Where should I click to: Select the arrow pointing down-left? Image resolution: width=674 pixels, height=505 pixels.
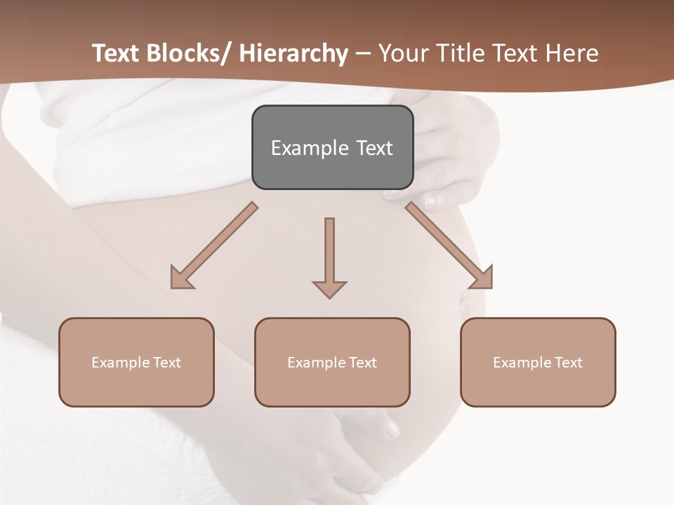click(x=214, y=245)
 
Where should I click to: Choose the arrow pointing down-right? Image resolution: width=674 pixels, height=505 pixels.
click(x=449, y=245)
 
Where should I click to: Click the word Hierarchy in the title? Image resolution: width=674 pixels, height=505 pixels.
click(x=293, y=53)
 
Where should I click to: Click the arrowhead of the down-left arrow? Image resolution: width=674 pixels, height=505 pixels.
click(x=181, y=278)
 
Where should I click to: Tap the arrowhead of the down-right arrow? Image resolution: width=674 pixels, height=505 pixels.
click(x=482, y=278)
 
